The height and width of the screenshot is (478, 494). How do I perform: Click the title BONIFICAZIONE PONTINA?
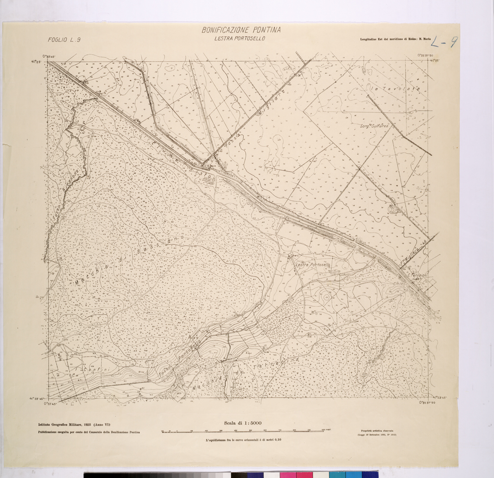point(241,31)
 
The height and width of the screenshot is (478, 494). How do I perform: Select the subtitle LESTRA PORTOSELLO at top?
point(240,39)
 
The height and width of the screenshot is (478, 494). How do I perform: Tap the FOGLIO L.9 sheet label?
point(64,40)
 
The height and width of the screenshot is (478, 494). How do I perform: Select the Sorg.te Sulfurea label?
point(376,126)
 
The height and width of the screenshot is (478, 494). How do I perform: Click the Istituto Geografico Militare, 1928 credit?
point(72,425)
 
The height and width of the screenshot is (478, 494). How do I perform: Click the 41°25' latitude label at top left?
point(36,61)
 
